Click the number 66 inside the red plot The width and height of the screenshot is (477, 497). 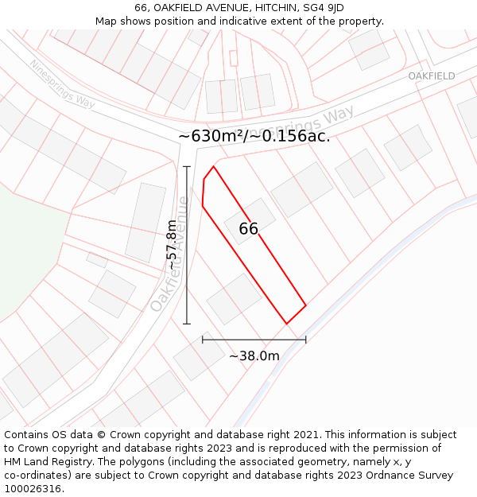point(249,229)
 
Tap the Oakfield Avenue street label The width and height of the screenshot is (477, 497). point(170,254)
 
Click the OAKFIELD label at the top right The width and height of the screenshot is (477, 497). point(432,76)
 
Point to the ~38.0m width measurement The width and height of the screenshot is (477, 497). point(254,356)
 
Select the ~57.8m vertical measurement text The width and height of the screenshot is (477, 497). point(171,245)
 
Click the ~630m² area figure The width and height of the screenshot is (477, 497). point(212,136)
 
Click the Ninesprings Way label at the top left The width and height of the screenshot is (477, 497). point(62,84)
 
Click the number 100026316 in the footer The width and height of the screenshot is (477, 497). point(31,489)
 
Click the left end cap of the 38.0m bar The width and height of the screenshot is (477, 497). point(203,340)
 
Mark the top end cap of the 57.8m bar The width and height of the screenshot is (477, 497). point(187,166)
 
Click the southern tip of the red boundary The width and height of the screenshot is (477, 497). point(286,324)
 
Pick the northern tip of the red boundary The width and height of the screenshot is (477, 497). point(213,166)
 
